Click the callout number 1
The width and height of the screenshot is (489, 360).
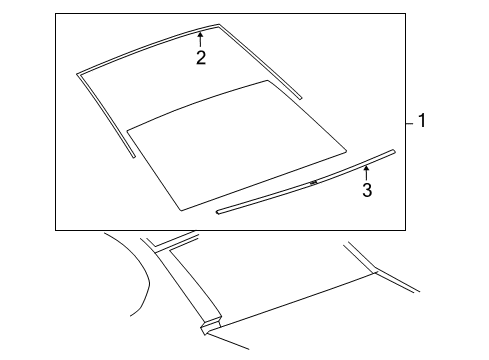pos(422,120)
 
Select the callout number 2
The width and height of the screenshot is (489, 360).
pos(201,57)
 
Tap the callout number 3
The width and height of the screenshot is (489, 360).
pos(367,190)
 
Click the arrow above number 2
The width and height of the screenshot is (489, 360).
pos(200,39)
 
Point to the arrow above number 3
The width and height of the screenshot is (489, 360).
pos(366,173)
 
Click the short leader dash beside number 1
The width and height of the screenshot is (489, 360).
pos(410,123)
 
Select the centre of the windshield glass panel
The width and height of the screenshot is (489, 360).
pos(237,145)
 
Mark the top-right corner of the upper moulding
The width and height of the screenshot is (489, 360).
pos(219,24)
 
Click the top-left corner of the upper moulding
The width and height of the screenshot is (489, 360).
pos(77,74)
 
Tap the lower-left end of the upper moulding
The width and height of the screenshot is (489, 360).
pos(134,157)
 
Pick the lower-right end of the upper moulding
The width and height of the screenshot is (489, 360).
pos(301,98)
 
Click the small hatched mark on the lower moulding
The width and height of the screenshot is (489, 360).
pos(313,182)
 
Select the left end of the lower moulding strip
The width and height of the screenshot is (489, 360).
pos(217,212)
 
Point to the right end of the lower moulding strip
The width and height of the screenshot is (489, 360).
pos(394,151)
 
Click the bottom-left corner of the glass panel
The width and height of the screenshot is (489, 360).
pos(181,210)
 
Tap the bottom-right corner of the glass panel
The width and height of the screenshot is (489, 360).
pos(346,151)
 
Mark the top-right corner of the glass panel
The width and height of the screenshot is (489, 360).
pos(267,80)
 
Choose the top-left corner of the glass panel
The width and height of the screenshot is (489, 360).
pos(127,130)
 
